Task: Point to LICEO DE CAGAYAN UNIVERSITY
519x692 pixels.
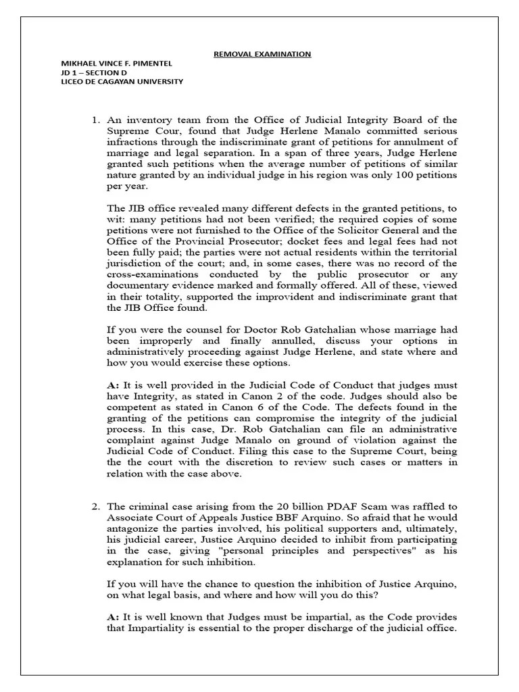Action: [x=122, y=82]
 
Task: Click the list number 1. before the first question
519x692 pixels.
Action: [x=96, y=120]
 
